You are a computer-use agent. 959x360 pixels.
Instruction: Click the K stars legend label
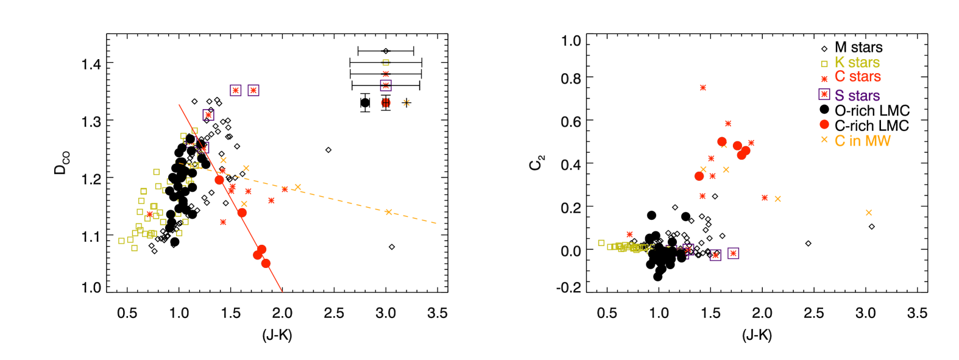857,63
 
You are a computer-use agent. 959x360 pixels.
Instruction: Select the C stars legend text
857,77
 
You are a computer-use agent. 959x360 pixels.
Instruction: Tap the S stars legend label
857,96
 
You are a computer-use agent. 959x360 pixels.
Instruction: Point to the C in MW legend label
862,141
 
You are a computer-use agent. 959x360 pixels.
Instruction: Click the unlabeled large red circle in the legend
824,124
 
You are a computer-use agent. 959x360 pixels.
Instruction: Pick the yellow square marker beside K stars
824,63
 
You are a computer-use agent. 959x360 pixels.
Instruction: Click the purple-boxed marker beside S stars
824,94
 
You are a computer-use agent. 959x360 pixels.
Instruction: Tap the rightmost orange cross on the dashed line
389,212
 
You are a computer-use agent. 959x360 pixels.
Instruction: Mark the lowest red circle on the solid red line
266,263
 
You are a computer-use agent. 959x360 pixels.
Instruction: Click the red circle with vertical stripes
386,103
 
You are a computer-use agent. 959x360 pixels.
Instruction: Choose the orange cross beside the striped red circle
406,103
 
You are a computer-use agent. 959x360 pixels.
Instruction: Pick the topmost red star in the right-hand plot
702,88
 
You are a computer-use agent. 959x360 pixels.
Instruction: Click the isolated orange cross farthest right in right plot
868,213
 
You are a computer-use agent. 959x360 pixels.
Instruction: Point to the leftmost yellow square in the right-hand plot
601,243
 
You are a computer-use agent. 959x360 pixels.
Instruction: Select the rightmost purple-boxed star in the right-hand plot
733,253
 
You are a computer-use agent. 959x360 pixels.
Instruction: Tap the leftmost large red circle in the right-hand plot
699,176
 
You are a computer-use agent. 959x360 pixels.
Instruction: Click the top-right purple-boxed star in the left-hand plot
253,90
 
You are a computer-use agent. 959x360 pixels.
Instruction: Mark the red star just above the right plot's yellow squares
629,235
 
